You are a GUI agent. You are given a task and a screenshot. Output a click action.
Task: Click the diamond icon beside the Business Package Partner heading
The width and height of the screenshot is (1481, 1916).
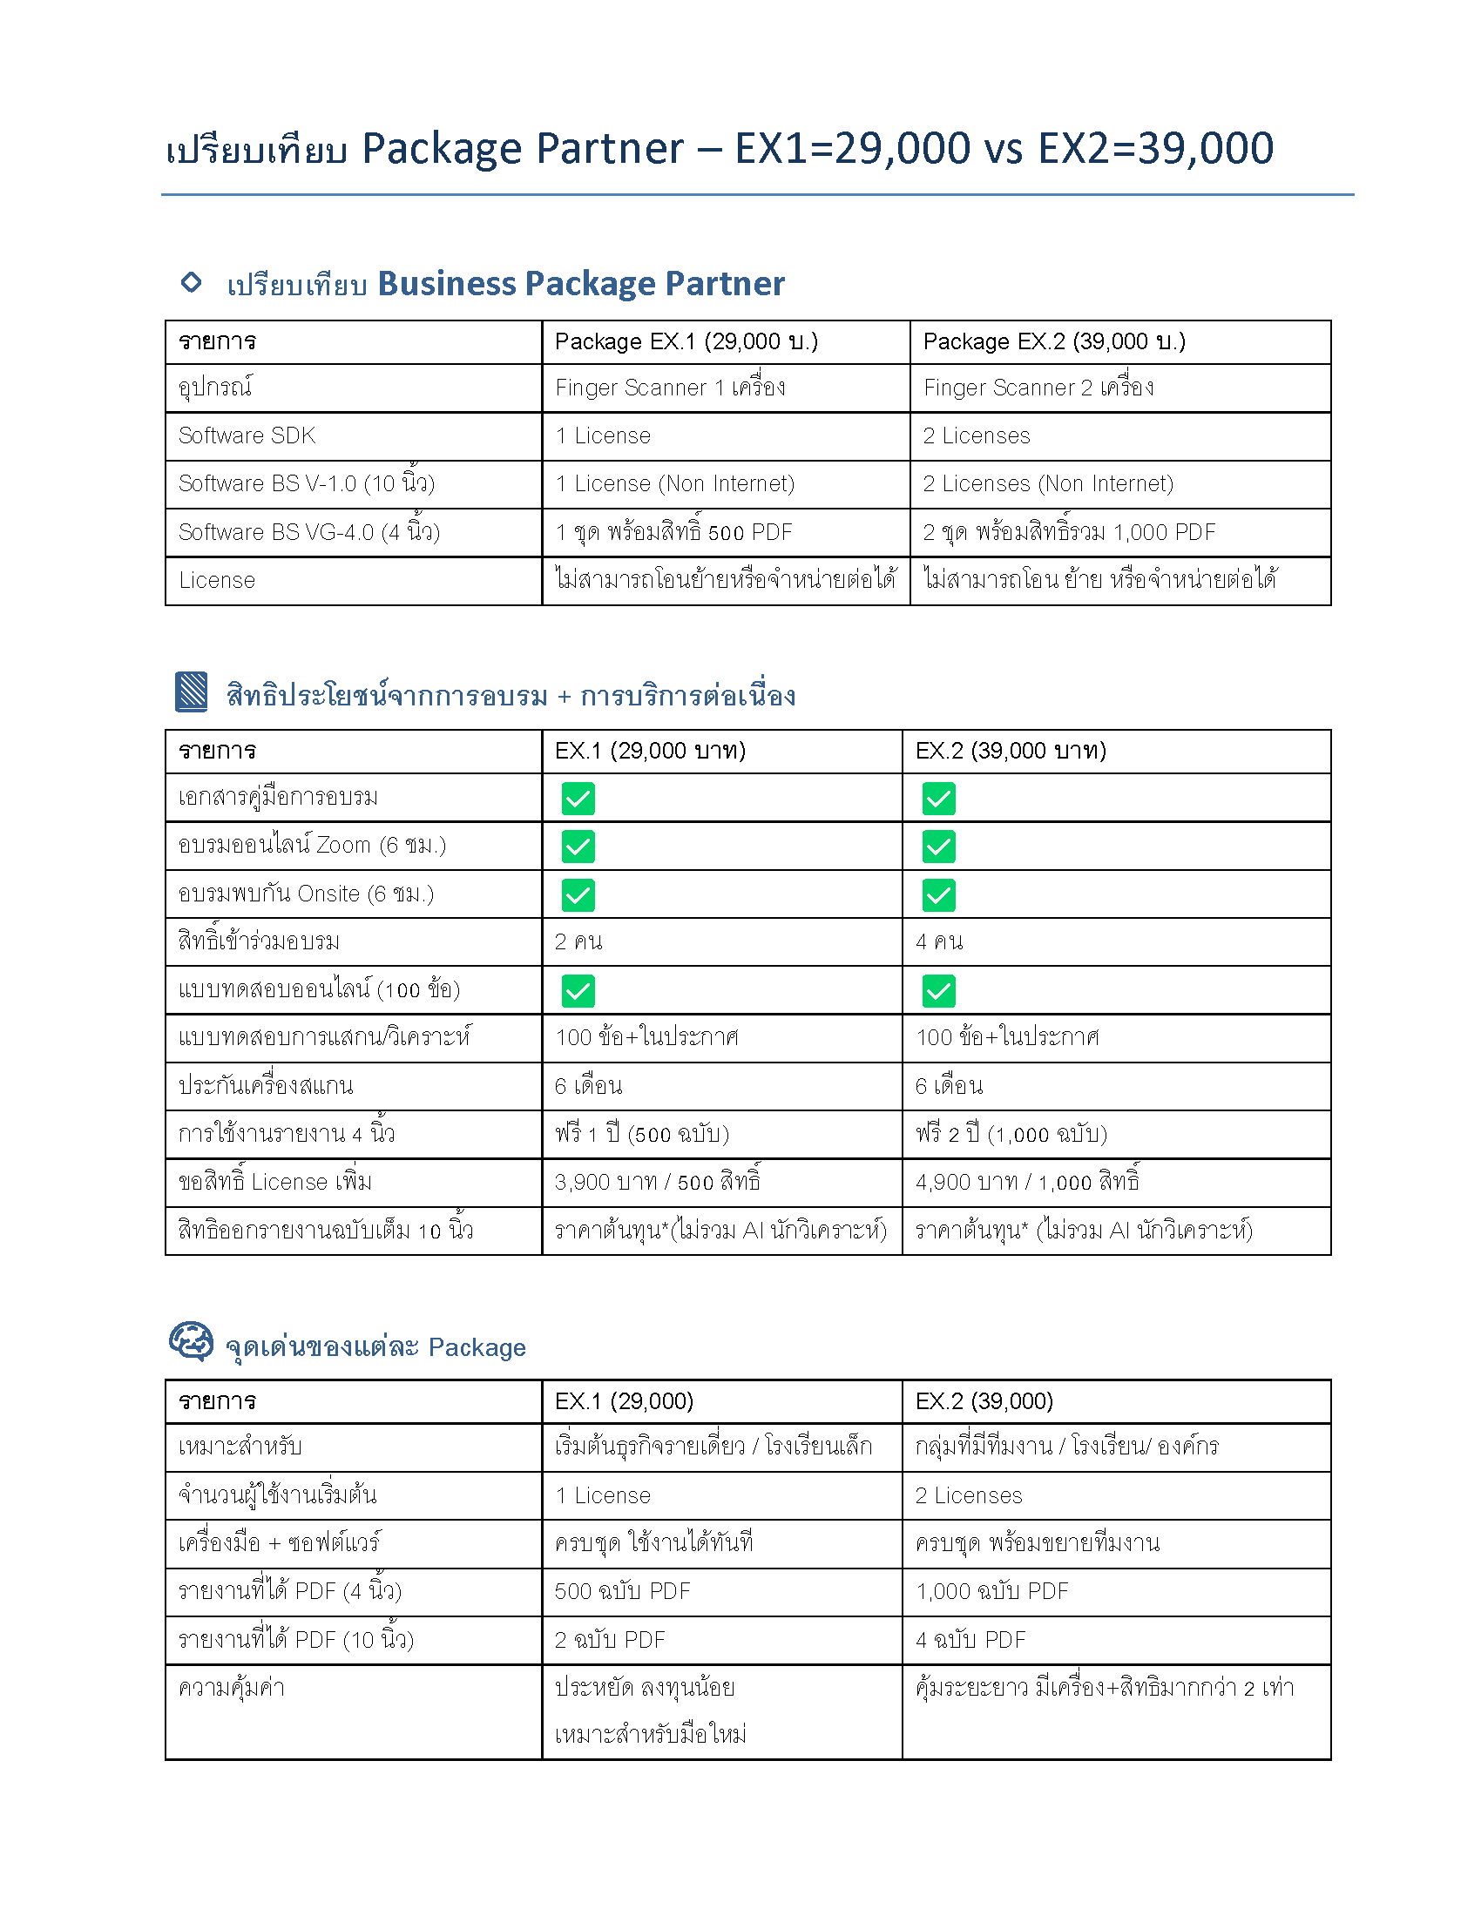click(x=191, y=282)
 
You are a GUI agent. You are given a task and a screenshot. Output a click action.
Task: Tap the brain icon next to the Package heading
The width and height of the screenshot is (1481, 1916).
click(x=192, y=1341)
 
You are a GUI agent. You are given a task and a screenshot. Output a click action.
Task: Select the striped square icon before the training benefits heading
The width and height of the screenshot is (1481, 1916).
click(x=192, y=692)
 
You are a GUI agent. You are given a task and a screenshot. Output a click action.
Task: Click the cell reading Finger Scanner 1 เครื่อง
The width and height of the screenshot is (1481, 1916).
click(x=669, y=388)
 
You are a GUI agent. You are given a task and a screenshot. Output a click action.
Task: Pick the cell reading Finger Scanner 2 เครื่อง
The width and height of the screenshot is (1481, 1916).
click(x=1038, y=388)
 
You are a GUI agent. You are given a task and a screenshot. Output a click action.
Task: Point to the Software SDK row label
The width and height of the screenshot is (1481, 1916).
click(x=247, y=436)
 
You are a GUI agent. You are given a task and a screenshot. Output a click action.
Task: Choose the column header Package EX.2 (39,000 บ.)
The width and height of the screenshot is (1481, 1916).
click(x=1054, y=341)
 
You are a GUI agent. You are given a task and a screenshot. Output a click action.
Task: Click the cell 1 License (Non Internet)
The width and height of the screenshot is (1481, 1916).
click(x=674, y=484)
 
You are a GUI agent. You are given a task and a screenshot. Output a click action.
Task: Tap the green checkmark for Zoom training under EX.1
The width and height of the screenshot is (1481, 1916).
click(x=578, y=847)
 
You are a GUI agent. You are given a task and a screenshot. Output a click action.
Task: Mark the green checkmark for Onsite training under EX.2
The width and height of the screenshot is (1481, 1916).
click(x=939, y=894)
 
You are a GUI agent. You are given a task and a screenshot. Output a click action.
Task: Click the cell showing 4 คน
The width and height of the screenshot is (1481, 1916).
click(x=939, y=942)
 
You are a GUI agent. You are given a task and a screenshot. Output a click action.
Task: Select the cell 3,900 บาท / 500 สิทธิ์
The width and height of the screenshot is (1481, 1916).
click(x=657, y=1183)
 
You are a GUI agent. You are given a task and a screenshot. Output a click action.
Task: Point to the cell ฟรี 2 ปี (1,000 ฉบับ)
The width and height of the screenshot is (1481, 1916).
click(x=1011, y=1134)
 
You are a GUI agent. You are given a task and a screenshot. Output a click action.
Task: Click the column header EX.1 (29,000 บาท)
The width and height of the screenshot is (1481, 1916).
click(x=650, y=751)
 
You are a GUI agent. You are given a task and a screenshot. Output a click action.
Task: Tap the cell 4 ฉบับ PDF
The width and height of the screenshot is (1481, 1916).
click(x=970, y=1640)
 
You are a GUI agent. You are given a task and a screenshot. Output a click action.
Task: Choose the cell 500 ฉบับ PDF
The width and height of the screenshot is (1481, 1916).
click(x=622, y=1591)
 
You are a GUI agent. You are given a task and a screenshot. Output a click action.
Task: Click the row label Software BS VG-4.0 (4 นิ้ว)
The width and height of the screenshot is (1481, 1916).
click(x=309, y=532)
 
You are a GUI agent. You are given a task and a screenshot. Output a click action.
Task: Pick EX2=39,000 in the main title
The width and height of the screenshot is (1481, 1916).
click(x=1154, y=148)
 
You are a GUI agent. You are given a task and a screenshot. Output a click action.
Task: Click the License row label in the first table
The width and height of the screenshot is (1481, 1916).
click(x=217, y=581)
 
